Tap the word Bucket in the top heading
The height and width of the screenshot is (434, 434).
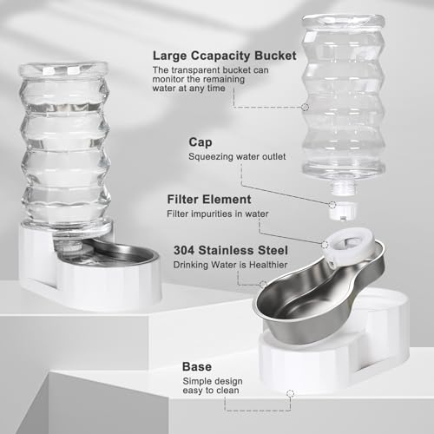[x=272, y=56]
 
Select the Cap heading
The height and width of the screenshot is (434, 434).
[x=201, y=142]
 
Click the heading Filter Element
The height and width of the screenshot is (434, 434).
[x=209, y=200]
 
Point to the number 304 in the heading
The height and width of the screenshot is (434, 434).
[x=184, y=250]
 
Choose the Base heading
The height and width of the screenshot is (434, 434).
[x=197, y=366]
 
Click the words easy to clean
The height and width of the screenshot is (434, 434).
[x=211, y=391]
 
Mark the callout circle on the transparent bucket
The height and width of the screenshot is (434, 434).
[x=305, y=107]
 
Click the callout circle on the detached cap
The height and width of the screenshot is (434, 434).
[x=332, y=205]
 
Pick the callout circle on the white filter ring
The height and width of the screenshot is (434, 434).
[x=325, y=245]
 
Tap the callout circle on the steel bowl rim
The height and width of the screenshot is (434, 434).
[x=263, y=285]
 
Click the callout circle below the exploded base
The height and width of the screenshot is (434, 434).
[x=290, y=393]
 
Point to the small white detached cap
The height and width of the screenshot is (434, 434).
[x=343, y=210]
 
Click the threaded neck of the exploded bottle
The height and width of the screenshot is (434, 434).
[x=344, y=187]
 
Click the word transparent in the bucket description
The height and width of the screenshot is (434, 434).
[x=195, y=70]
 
